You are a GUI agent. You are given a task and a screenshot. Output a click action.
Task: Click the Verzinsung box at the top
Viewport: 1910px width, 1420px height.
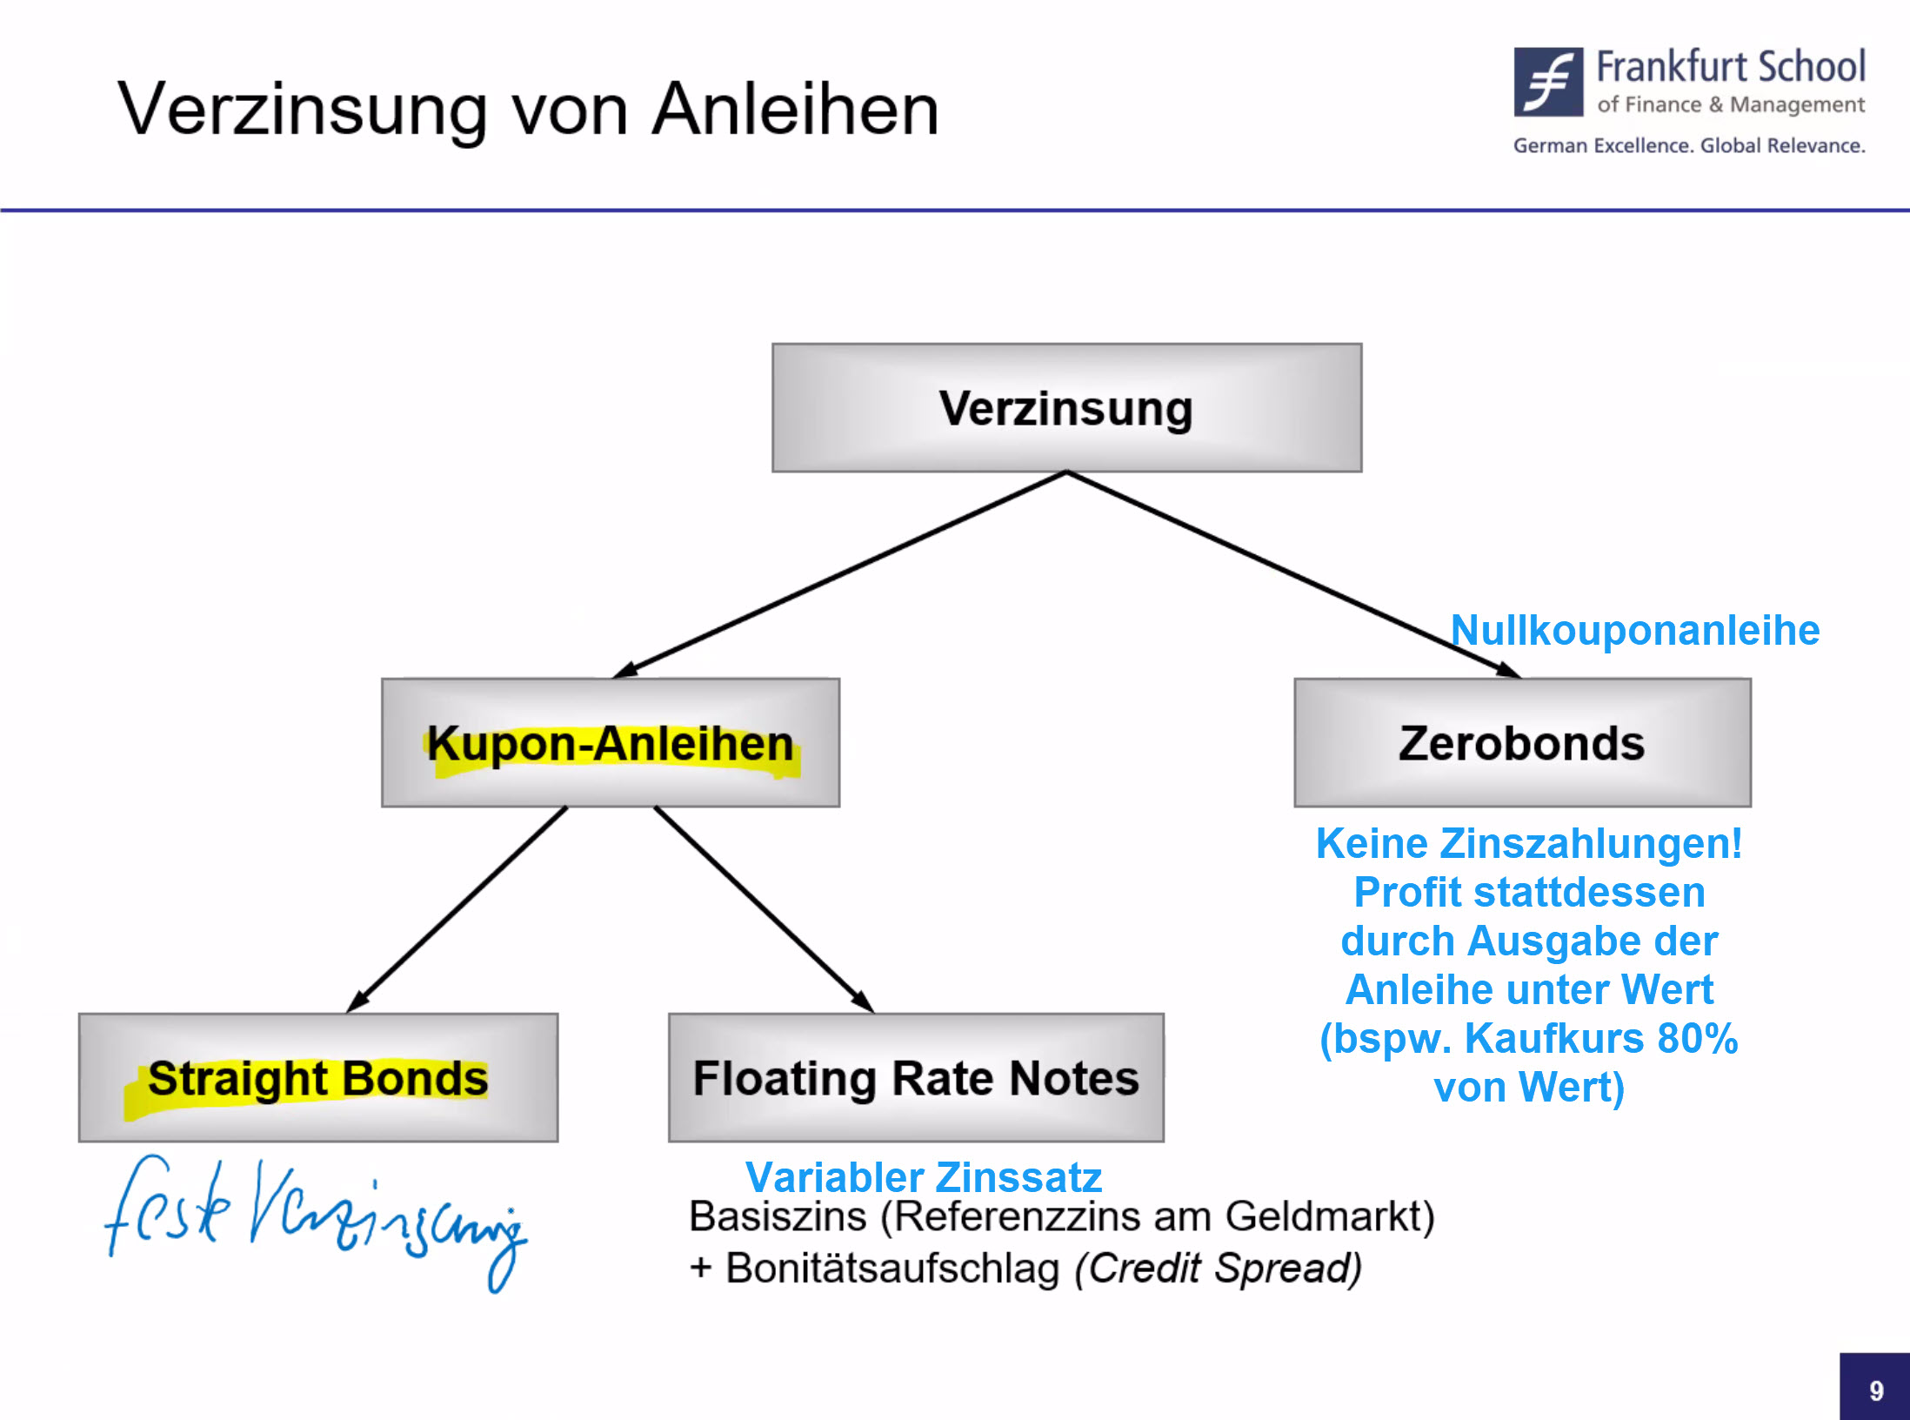click(1066, 408)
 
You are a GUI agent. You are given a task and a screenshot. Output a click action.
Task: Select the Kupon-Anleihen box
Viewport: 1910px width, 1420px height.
click(611, 743)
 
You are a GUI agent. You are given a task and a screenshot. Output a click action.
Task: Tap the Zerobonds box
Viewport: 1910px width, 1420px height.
click(1522, 743)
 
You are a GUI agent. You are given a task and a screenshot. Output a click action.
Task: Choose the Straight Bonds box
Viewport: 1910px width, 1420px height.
click(318, 1078)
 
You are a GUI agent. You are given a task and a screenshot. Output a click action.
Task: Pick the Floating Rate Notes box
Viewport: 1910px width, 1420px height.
click(916, 1078)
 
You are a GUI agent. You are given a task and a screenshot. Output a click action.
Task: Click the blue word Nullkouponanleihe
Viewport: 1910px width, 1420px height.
click(1635, 630)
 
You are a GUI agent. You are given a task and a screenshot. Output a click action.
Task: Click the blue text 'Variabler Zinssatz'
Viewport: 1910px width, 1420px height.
click(924, 1177)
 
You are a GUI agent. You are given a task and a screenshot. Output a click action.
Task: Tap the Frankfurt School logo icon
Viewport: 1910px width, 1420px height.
click(1548, 82)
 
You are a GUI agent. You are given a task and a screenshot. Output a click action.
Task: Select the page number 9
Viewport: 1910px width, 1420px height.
click(1876, 1390)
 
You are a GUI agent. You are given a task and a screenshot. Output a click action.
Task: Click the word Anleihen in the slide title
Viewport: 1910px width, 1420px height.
click(796, 110)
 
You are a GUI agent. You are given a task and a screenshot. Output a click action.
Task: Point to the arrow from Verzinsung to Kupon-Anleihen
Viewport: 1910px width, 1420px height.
click(839, 575)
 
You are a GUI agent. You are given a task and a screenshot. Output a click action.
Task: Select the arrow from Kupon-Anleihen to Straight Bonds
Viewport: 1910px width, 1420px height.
click(457, 910)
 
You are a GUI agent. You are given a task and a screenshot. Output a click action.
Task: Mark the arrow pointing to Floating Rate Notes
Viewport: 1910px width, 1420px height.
click(764, 910)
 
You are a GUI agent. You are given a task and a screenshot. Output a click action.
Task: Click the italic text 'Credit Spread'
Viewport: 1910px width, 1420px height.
click(1218, 1268)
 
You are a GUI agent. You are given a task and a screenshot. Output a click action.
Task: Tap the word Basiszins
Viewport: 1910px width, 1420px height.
click(778, 1216)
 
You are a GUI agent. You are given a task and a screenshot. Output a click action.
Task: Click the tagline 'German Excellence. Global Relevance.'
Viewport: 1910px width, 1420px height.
click(1689, 145)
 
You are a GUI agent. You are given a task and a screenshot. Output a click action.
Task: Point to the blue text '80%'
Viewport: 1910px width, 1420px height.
click(1697, 1038)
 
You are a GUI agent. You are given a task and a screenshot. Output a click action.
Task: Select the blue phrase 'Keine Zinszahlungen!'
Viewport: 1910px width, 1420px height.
click(1529, 843)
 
